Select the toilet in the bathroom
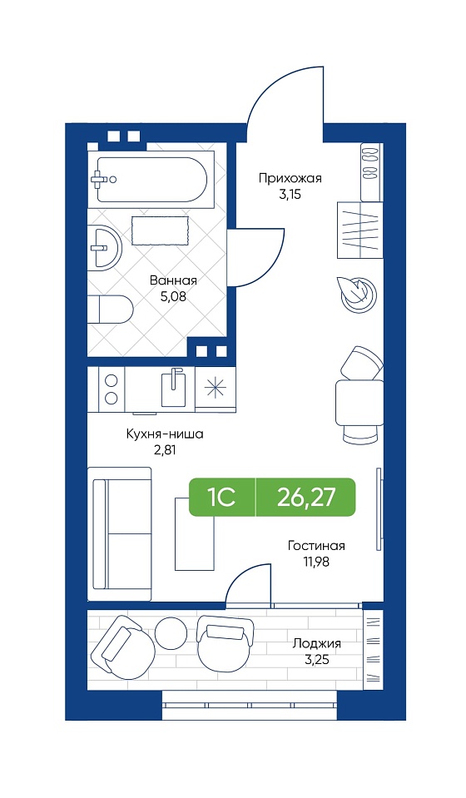(110, 309)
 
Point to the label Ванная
(173, 280)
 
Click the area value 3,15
(290, 195)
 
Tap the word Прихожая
(290, 178)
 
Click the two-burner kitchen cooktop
(112, 389)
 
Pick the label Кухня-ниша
(165, 434)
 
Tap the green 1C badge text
(221, 497)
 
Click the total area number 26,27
(306, 497)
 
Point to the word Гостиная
(316, 546)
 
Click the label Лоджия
(316, 644)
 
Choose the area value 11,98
(316, 563)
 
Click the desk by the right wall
(359, 403)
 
